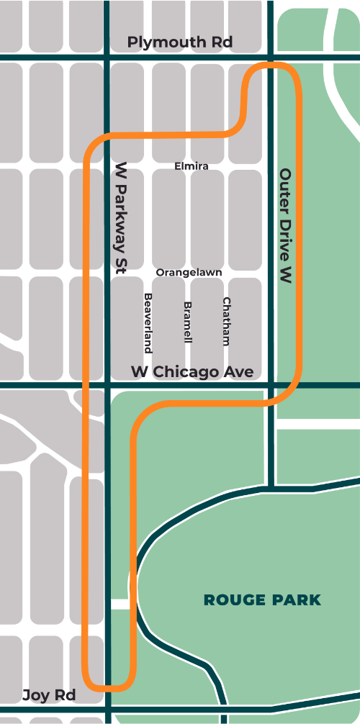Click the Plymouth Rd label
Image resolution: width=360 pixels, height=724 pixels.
pos(180,42)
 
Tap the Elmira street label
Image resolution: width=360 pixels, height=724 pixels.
pos(192,166)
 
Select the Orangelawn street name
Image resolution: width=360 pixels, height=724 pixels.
pos(189,273)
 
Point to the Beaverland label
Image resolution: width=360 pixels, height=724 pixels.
pos(148,323)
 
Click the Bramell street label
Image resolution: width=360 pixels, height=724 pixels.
pos(187,322)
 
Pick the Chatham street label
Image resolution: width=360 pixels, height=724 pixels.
pos(226,322)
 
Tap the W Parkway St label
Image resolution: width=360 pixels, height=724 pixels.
pos(121,217)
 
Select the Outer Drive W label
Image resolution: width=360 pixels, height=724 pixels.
pos(285,225)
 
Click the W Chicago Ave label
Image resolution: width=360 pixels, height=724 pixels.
pos(192,371)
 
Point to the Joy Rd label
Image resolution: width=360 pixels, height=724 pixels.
pos(48,695)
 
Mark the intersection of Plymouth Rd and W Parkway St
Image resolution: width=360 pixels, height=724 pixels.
pos(107,57)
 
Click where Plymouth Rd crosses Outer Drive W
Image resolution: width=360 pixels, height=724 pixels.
pos(271,57)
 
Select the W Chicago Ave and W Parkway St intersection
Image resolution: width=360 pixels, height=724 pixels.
pos(107,386)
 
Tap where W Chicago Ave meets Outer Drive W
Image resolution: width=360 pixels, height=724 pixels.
pos(271,386)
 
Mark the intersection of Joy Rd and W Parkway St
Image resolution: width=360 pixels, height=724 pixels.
pos(107,712)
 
